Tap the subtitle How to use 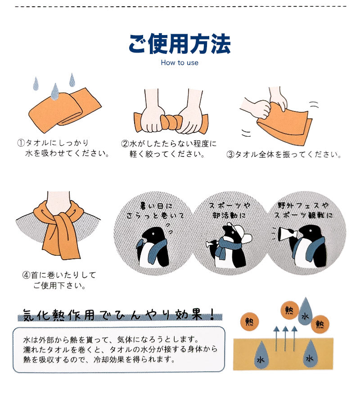(x=180, y=62)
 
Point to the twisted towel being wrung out (x=169, y=123)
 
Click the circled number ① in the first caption (x=20, y=143)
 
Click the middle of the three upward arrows (x=285, y=338)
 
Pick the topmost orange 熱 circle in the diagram (x=288, y=311)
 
